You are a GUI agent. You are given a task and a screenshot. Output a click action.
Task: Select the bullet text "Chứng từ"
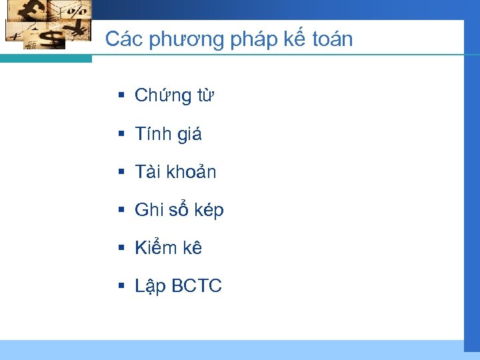174,96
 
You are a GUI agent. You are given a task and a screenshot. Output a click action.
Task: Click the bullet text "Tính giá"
168,134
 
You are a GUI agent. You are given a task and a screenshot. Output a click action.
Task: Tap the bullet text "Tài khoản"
175,172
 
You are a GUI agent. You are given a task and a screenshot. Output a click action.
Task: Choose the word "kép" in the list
210,211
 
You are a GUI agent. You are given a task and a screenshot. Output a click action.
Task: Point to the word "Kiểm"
154,248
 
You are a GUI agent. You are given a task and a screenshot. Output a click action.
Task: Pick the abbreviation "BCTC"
197,287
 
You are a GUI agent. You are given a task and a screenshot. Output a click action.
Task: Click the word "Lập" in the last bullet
150,287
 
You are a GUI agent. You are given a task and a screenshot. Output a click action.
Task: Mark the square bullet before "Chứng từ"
121,95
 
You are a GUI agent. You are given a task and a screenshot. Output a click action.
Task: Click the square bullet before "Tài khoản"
121,171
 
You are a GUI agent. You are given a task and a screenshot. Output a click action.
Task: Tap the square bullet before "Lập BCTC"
121,286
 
